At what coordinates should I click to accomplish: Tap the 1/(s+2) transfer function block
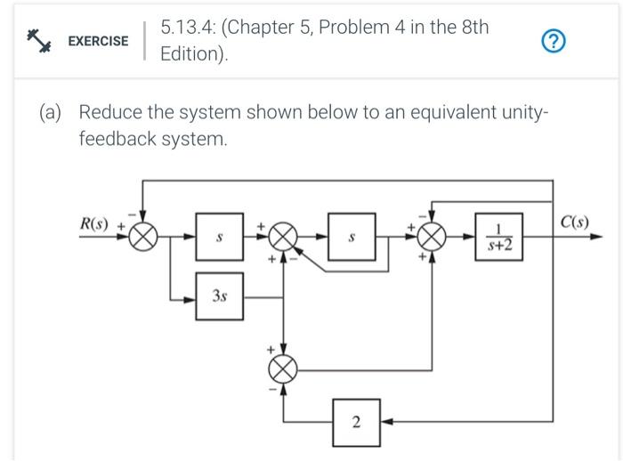498,237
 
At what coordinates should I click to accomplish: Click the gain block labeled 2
356,421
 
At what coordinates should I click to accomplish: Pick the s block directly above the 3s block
220,238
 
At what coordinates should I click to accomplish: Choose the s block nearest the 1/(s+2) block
352,238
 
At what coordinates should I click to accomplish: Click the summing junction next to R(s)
143,237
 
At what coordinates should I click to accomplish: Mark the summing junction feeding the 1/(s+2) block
433,237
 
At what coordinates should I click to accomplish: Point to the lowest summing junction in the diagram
284,367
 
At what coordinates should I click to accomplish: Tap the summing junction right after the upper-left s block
284,237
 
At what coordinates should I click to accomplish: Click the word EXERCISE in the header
98,41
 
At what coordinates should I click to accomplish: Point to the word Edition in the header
190,54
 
